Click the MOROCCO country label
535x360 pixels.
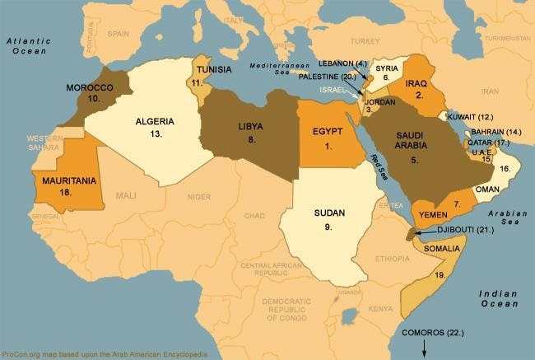point(90,86)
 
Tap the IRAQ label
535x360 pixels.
point(417,84)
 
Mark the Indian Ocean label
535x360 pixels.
point(500,298)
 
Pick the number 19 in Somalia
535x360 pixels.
point(440,274)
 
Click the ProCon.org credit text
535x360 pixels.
point(104,353)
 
